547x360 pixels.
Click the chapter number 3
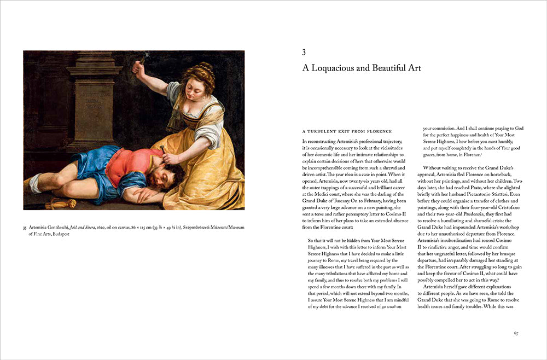[x=304, y=53]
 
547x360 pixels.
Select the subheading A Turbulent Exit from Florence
[x=347, y=131]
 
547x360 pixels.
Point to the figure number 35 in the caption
[x=25, y=228]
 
